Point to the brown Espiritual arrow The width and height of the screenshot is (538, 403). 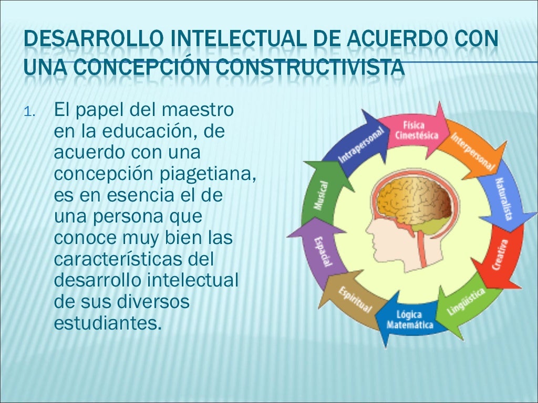354,298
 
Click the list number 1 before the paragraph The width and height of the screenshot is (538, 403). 29,113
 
